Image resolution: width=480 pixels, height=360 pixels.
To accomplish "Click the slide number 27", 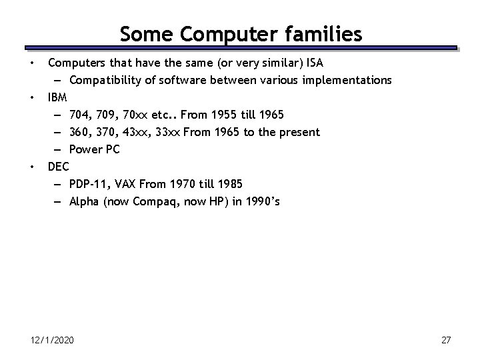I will pyautogui.click(x=446, y=341).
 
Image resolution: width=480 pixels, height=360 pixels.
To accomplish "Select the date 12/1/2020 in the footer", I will pyautogui.click(x=53, y=341).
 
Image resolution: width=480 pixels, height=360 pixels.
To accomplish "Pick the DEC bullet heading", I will pyautogui.click(x=59, y=167).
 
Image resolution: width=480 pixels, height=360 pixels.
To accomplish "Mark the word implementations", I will pyautogui.click(x=348, y=80).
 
